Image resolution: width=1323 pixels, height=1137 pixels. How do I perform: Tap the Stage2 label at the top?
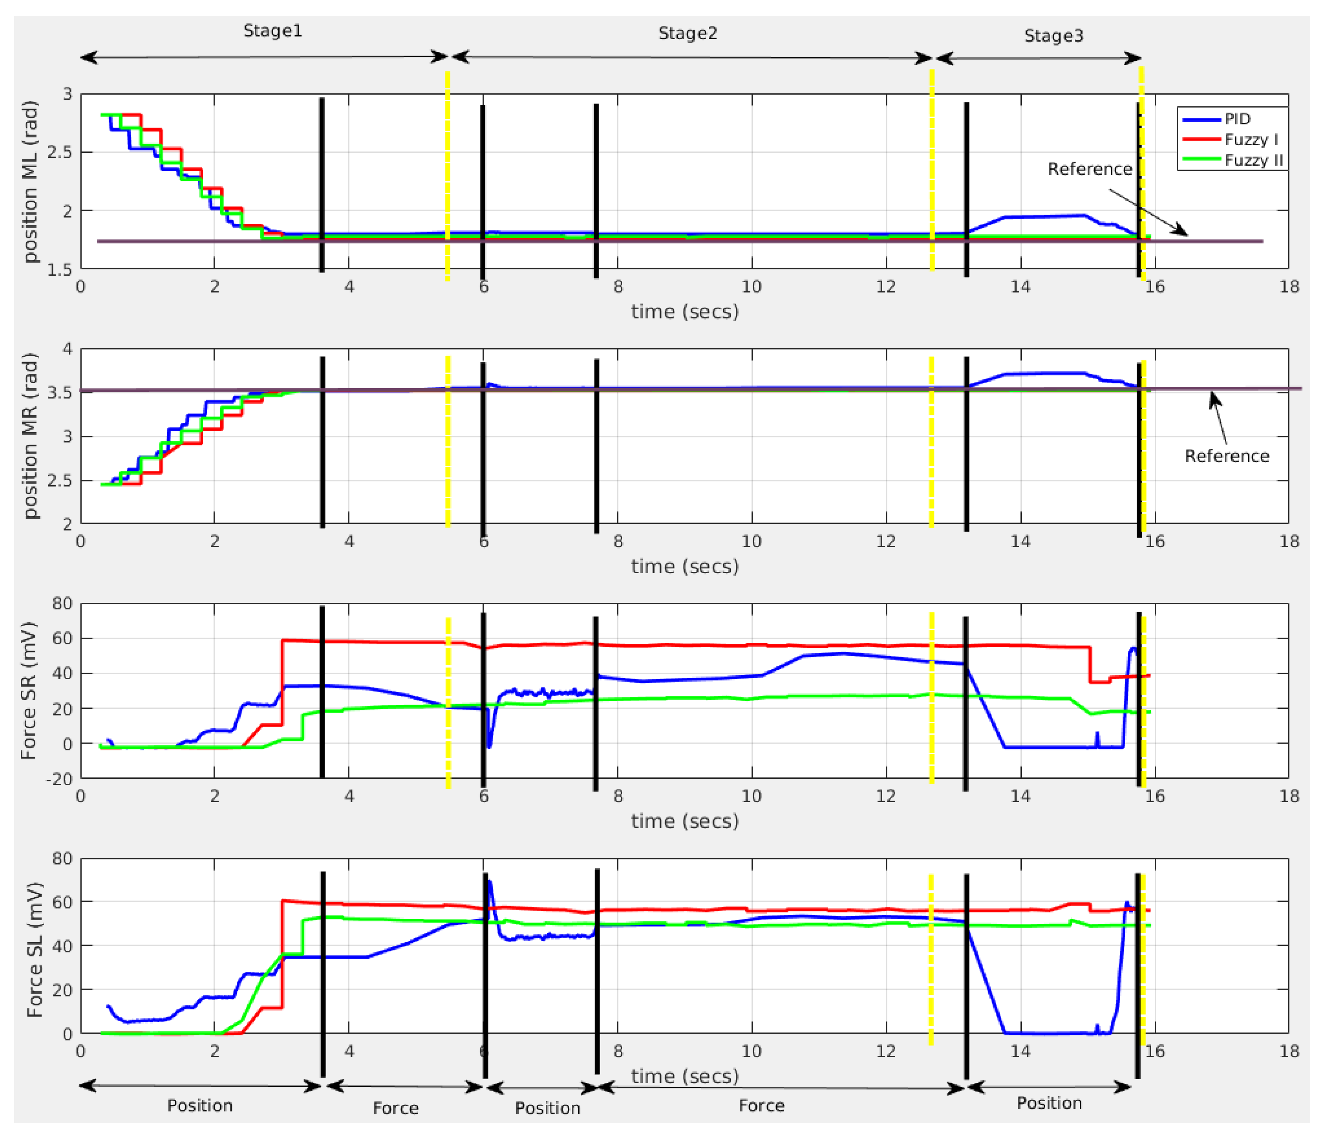point(688,33)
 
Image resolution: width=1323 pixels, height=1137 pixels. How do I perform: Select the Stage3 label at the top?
point(1054,36)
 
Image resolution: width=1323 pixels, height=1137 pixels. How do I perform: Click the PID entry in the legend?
point(1237,119)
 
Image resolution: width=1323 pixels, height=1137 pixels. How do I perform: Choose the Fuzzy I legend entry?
point(1251,139)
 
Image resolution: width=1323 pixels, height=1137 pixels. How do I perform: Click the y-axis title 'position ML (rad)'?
point(30,182)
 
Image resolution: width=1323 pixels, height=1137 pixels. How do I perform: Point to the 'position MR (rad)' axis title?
point(30,436)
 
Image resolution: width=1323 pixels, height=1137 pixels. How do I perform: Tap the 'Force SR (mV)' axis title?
point(29,691)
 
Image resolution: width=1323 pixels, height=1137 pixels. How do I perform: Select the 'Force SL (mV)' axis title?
point(34,950)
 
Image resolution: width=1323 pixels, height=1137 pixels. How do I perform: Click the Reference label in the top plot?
point(1089,169)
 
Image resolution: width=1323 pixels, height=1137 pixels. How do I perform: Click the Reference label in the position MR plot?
point(1226,456)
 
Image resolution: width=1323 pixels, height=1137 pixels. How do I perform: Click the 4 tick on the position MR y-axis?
point(67,349)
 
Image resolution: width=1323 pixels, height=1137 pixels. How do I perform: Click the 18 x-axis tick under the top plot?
point(1289,287)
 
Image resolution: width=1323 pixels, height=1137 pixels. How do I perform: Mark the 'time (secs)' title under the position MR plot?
point(684,566)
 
